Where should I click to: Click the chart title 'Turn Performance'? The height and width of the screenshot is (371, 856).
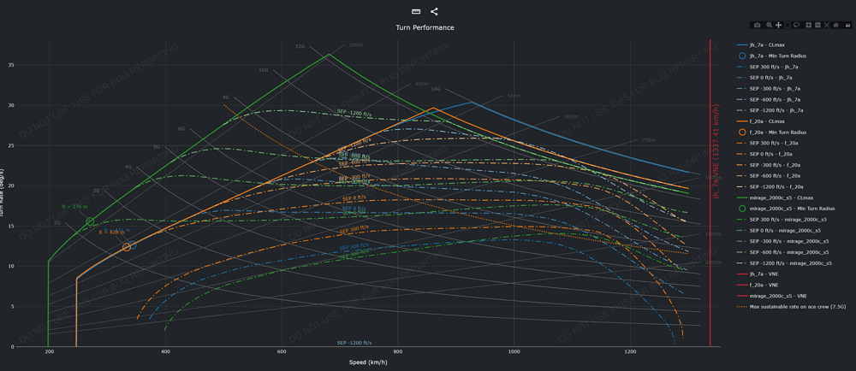tap(425, 27)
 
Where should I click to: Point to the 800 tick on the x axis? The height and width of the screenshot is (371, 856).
tap(398, 351)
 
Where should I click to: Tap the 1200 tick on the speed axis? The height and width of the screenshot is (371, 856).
tap(630, 351)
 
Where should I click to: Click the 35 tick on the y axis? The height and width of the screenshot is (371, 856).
tap(35, 65)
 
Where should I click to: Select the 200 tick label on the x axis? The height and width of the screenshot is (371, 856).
tap(49, 351)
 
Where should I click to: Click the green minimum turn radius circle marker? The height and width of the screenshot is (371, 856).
tap(90, 221)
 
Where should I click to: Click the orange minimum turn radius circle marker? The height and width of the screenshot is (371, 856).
tap(127, 247)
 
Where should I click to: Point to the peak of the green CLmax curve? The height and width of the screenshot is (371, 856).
tap(330, 55)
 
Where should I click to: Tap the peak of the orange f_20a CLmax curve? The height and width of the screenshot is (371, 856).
tap(435, 108)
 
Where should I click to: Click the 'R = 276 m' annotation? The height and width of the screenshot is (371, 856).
tap(75, 207)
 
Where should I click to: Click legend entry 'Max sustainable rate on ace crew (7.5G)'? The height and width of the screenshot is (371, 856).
tap(796, 307)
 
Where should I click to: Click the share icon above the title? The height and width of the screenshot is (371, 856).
tap(434, 11)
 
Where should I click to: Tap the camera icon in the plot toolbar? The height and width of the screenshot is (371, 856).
tap(757, 25)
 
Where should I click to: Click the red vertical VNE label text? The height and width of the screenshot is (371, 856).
tap(716, 154)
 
